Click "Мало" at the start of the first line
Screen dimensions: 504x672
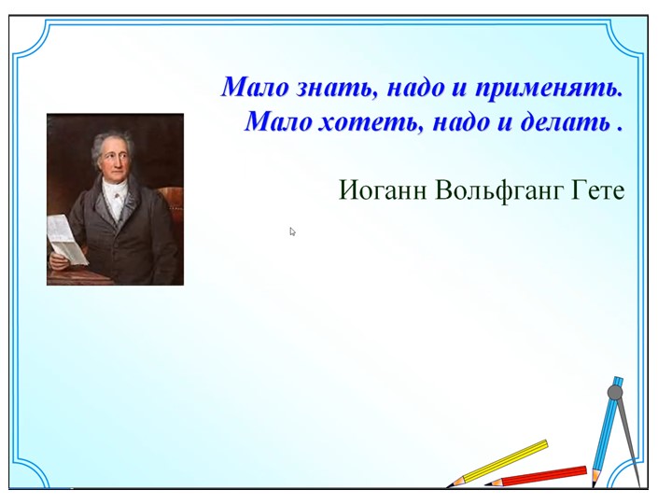[249, 89]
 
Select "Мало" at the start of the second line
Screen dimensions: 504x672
[273, 122]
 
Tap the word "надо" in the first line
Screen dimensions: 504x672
[412, 89]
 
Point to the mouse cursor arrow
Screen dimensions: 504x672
[292, 231]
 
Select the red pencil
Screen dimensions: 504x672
[537, 476]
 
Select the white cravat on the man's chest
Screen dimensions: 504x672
[114, 199]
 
